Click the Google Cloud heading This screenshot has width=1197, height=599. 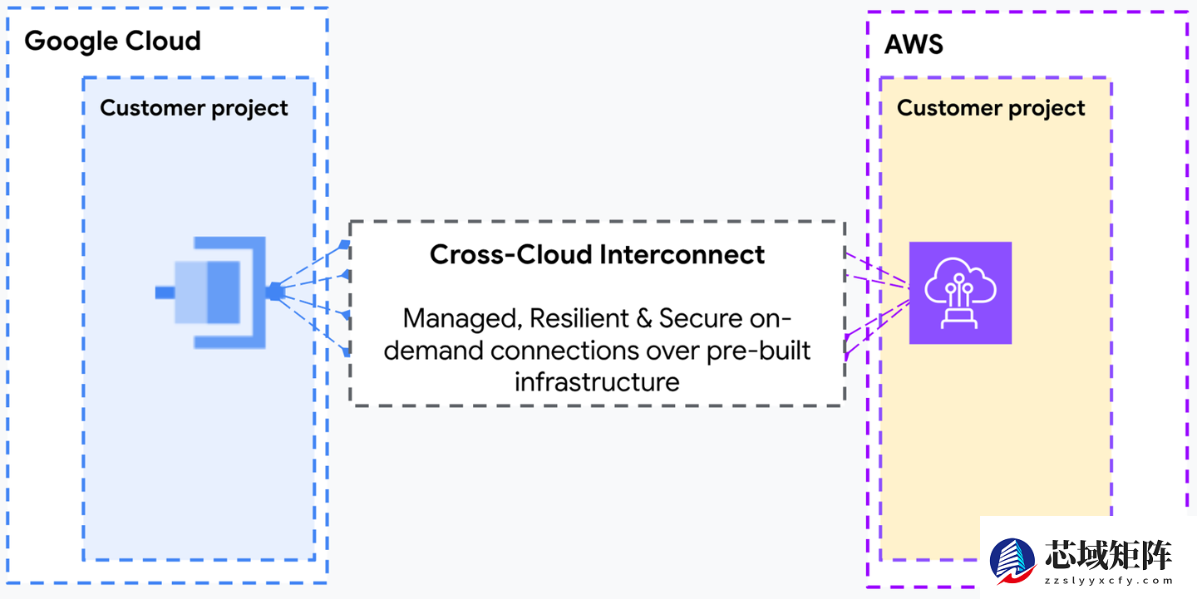112,41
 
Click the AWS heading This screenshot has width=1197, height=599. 914,44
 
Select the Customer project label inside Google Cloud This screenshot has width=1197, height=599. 194,108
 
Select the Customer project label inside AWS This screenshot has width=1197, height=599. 991,108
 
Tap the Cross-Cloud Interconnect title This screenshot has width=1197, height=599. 597,254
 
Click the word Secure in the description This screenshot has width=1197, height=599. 705,318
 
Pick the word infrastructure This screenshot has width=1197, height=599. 597,381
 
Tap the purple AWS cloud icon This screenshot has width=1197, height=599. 960,292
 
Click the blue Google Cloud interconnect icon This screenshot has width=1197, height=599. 214,292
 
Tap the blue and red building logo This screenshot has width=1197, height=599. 1012,561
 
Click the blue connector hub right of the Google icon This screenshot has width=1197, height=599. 275,292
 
